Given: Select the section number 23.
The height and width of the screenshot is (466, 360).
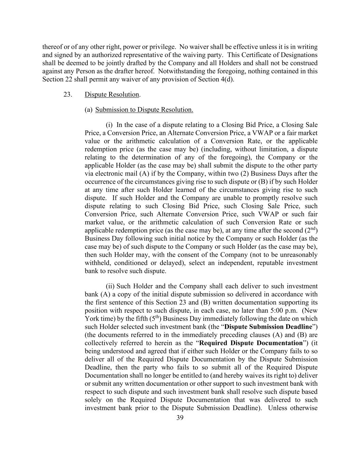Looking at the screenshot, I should (68, 95).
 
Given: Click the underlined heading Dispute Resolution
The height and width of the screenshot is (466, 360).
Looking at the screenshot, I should (112, 95).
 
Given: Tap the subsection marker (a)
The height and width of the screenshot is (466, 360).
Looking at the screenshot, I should (88, 110).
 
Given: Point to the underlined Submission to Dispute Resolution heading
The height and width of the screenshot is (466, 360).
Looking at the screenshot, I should (144, 110).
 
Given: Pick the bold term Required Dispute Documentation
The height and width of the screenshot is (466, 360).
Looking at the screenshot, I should (251, 343).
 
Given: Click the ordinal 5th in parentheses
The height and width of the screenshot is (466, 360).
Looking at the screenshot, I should (155, 319).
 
